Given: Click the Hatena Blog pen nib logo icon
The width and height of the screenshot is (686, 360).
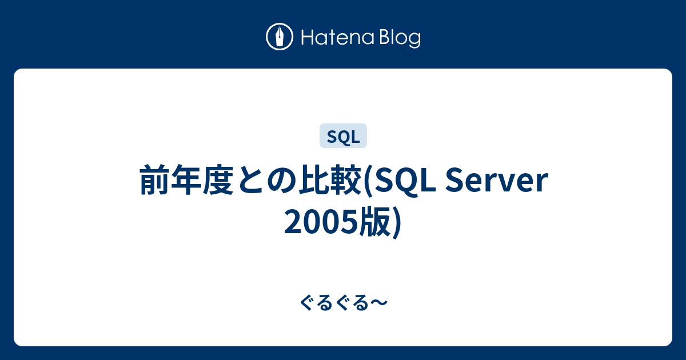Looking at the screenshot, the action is click(280, 37).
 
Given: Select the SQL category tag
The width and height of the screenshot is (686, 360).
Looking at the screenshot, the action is click(343, 135).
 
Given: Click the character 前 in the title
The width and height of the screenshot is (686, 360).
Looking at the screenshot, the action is click(155, 179).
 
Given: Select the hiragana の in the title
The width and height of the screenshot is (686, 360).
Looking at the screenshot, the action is click(282, 180).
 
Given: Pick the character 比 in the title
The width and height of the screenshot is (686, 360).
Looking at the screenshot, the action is click(314, 179).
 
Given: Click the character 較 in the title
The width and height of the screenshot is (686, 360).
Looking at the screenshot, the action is click(346, 179).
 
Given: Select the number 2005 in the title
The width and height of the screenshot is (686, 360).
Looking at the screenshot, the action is click(321, 222).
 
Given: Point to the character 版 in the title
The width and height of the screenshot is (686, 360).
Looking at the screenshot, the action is click(375, 221).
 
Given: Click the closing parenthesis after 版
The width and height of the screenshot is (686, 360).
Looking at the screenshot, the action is click(396, 222).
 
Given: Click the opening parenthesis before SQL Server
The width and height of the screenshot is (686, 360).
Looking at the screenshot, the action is click(368, 181).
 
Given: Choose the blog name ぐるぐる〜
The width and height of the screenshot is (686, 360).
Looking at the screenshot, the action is click(344, 303).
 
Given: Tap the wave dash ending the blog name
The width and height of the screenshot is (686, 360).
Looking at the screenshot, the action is click(379, 303).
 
